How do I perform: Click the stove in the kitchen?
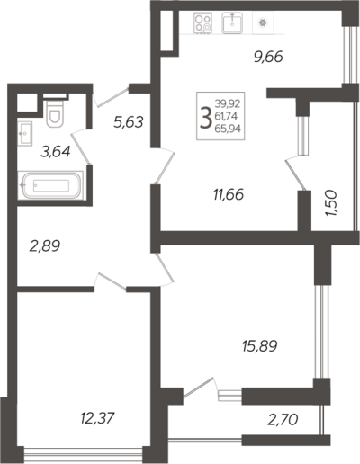(202, 23)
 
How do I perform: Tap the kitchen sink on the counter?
(232, 22)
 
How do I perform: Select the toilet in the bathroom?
(54, 112)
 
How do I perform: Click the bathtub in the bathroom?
(50, 185)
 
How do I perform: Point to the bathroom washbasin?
(24, 133)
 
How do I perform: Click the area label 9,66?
(268, 57)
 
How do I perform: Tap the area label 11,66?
(229, 194)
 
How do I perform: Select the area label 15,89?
(260, 345)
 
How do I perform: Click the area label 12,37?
(97, 418)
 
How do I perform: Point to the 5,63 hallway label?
(129, 122)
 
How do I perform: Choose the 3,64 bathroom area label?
(56, 151)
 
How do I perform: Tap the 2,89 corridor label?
(45, 245)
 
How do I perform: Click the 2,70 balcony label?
(283, 420)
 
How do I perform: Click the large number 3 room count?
(206, 119)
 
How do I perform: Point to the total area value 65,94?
(228, 129)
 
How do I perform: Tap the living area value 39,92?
(228, 104)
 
